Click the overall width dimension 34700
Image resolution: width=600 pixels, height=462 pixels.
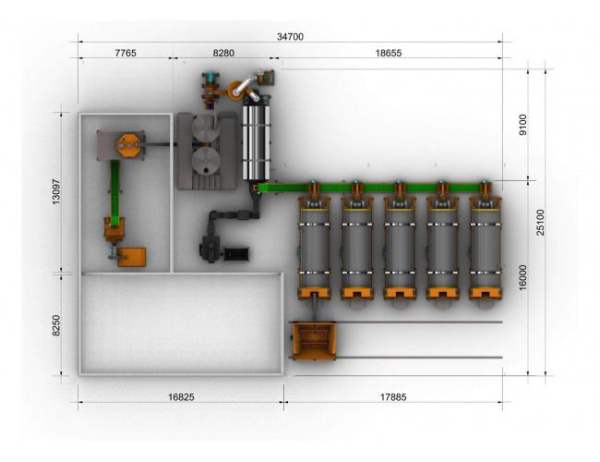tap(290, 37)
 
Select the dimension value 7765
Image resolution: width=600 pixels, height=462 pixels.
tap(126, 53)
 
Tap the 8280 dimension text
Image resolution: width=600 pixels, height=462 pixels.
tap(223, 53)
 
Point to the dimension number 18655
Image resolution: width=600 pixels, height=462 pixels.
tap(389, 53)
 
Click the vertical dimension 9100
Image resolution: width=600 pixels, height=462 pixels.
tap(522, 125)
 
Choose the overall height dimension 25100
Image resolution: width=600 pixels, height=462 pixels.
tap(540, 222)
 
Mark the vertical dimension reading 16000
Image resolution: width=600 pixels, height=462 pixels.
tap(522, 278)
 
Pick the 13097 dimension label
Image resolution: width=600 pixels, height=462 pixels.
tap(56, 191)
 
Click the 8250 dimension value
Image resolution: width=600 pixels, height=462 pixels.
tap(56, 325)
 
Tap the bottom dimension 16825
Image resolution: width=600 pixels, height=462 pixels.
tap(181, 397)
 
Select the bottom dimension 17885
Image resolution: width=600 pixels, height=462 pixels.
tap(393, 397)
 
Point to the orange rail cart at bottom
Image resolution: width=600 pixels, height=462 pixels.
tap(314, 341)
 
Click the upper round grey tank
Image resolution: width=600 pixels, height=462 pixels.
tap(206, 128)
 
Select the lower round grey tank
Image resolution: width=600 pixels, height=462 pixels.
tap(206, 162)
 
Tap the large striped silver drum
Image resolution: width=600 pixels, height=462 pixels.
tap(257, 142)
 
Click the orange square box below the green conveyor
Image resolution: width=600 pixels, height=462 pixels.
tap(131, 257)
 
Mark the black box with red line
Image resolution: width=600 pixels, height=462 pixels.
tap(236, 254)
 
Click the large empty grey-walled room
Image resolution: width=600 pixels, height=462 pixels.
tap(181, 324)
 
